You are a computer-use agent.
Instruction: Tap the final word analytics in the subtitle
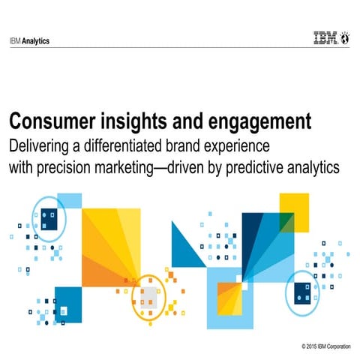[315, 166]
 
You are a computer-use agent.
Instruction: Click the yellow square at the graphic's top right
[293, 207]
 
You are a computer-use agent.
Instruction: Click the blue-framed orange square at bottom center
[227, 297]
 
